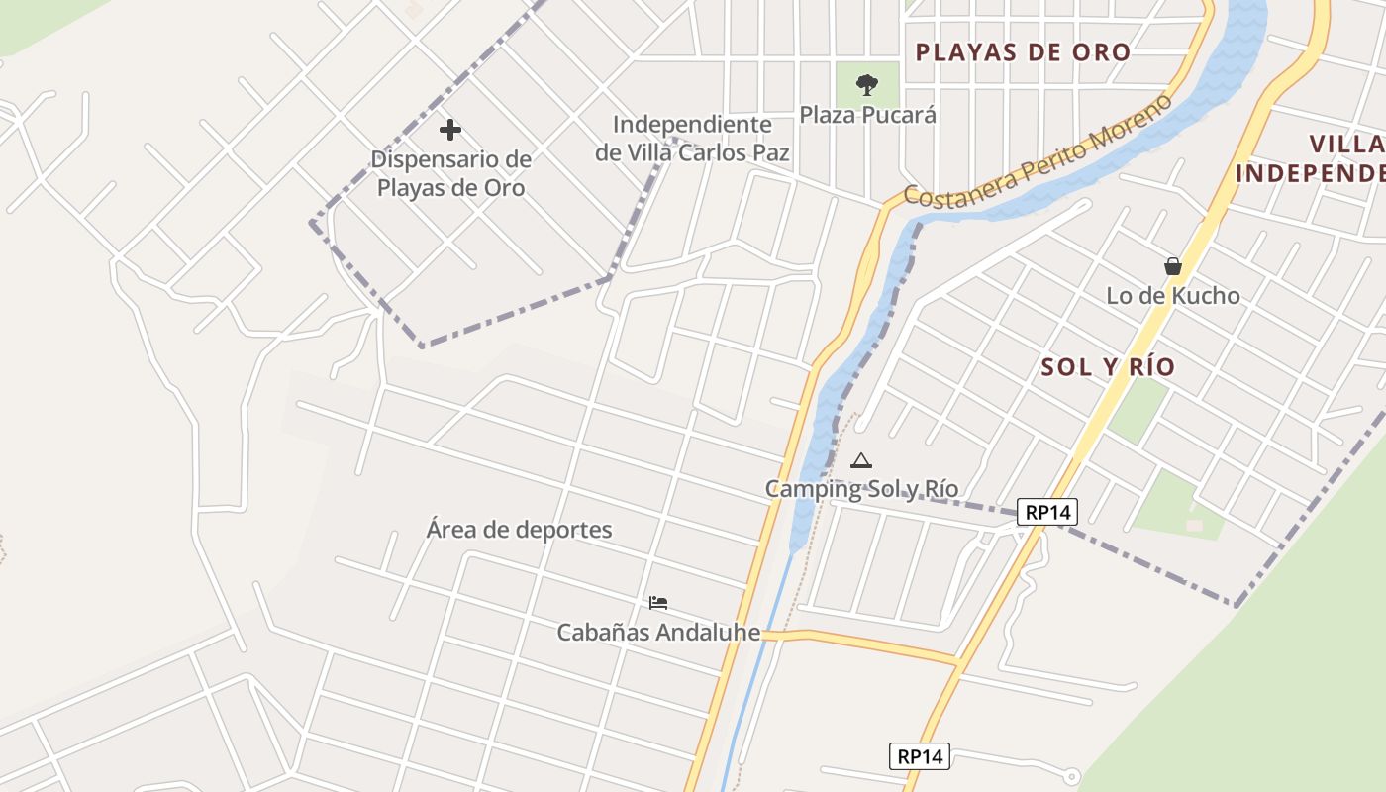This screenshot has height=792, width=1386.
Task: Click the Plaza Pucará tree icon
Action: click(x=867, y=84)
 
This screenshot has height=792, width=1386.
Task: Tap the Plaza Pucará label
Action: click(x=867, y=115)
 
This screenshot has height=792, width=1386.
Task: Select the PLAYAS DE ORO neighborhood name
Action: click(x=1023, y=52)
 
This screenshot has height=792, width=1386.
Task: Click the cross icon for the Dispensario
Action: click(x=450, y=130)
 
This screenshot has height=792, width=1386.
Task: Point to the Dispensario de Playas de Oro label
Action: click(x=450, y=173)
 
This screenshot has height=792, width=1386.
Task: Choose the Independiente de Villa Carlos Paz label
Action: click(x=692, y=139)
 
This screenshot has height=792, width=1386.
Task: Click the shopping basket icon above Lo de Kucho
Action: click(x=1173, y=266)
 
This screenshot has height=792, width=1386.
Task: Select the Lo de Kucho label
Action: click(x=1172, y=295)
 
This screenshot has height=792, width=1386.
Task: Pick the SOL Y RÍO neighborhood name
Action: click(x=1108, y=367)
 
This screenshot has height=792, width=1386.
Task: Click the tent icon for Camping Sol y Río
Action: click(x=861, y=460)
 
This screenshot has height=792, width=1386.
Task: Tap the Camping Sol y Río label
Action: click(x=861, y=488)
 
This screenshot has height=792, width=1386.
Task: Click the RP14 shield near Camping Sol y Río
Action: click(x=1047, y=512)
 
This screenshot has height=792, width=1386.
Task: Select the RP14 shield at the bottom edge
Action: click(x=919, y=756)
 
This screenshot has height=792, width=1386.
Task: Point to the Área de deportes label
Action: click(x=519, y=530)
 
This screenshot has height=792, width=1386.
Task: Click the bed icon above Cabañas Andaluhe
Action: click(x=658, y=602)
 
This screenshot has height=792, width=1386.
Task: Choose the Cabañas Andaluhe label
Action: click(x=658, y=633)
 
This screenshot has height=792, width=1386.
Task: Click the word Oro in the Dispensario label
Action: click(x=504, y=188)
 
